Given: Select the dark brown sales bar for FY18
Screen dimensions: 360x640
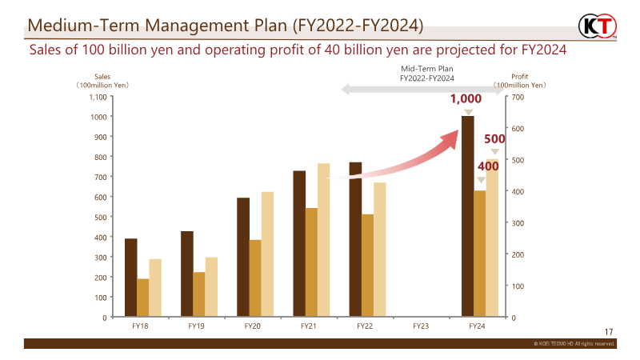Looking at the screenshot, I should [x=130, y=278].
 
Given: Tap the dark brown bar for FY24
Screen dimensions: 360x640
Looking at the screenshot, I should [x=468, y=216].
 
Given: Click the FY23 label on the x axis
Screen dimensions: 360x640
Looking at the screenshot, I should [x=421, y=326].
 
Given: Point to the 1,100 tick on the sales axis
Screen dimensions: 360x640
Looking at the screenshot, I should [x=97, y=97].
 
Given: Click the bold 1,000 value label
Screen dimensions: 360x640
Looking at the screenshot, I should [x=466, y=98].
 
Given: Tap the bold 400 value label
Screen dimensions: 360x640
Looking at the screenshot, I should [x=488, y=166].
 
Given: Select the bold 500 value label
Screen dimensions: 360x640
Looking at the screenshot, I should [x=494, y=138].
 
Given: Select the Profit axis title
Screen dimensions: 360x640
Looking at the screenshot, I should [x=519, y=76].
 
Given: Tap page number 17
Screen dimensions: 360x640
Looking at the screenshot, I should [x=609, y=331].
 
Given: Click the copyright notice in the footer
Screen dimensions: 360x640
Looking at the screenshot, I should [x=574, y=343].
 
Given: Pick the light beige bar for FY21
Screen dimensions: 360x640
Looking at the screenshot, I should [x=324, y=240].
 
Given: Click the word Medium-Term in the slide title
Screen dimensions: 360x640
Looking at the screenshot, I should [x=77, y=26].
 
